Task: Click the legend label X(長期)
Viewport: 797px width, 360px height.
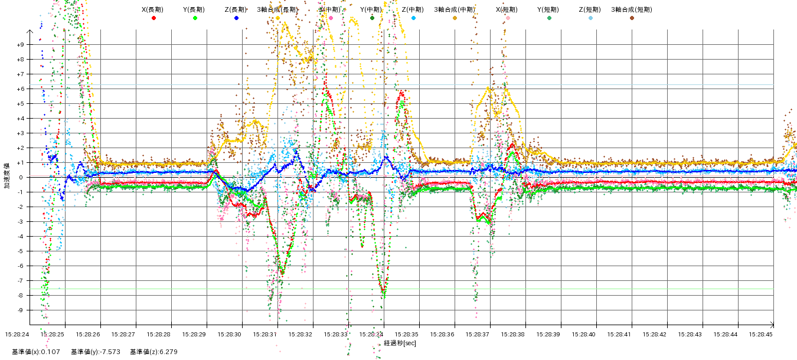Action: [x=153, y=9]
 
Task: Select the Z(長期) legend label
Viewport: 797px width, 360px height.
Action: [x=236, y=9]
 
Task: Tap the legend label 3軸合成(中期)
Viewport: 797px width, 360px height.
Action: [x=455, y=9]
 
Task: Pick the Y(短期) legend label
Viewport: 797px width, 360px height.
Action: [x=548, y=9]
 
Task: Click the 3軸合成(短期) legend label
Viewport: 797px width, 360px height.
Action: [x=631, y=9]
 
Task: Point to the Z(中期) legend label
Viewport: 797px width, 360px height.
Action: [x=413, y=9]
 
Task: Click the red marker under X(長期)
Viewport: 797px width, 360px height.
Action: [x=154, y=18]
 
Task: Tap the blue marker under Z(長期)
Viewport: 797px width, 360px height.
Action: [x=237, y=18]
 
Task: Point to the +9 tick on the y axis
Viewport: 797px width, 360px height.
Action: [x=20, y=45]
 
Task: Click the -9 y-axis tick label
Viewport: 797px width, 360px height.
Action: [x=20, y=310]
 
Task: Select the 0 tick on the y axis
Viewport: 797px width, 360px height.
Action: [x=20, y=178]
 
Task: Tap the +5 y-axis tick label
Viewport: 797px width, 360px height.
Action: [x=20, y=104]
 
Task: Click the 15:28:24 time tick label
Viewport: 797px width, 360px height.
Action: [x=17, y=334]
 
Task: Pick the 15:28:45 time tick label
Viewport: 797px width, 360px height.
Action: [x=762, y=334]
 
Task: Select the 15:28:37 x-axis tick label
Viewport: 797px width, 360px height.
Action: [x=478, y=334]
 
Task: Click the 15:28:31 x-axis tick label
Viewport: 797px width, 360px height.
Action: [x=266, y=334]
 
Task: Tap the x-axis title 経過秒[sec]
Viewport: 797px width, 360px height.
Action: [x=400, y=343]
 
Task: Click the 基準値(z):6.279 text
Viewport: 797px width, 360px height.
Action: [x=153, y=352]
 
